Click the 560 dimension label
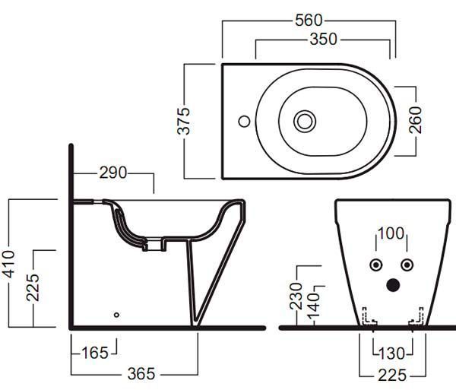(x=309, y=21)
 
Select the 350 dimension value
(x=324, y=39)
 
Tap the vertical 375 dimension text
(x=183, y=121)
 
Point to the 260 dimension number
(x=415, y=120)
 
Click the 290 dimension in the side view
(x=113, y=173)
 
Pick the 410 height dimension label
(x=8, y=264)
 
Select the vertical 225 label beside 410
(x=33, y=287)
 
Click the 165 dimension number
(x=95, y=353)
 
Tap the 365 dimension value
(x=141, y=374)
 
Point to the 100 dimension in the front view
(x=391, y=233)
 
